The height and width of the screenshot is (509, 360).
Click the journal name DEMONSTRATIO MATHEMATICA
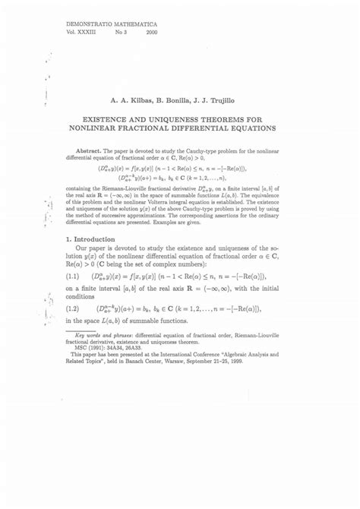(x=107, y=25)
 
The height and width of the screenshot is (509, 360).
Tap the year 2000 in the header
(x=152, y=33)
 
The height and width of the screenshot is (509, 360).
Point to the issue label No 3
(x=120, y=33)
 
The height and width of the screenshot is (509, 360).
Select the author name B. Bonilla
(x=182, y=100)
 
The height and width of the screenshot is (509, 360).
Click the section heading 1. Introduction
(x=90, y=239)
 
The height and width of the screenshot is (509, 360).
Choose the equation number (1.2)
(x=73, y=309)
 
